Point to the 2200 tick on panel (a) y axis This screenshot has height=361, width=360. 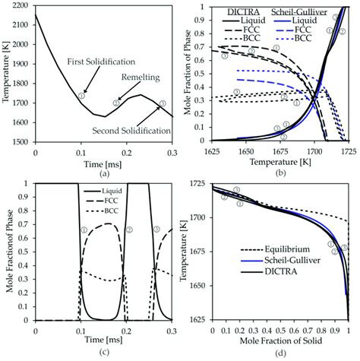click(x=21, y=6)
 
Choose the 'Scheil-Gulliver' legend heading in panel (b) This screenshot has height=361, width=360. click(x=294, y=12)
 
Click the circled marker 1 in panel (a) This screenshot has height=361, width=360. click(x=81, y=96)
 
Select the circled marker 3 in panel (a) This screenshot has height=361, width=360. click(x=163, y=103)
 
